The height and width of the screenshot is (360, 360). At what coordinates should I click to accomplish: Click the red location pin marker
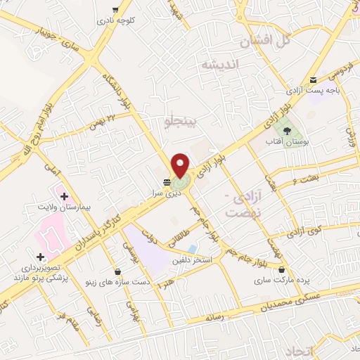181,165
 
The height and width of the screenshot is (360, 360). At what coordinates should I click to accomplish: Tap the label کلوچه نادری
136,20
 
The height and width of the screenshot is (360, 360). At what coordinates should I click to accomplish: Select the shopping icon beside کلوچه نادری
115,10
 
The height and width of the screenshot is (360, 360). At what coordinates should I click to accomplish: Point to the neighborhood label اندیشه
221,65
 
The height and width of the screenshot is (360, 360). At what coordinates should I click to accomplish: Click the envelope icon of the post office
312,78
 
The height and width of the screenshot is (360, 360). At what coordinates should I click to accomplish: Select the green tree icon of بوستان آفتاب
285,130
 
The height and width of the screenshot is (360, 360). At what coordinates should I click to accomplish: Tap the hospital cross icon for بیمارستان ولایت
64,196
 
